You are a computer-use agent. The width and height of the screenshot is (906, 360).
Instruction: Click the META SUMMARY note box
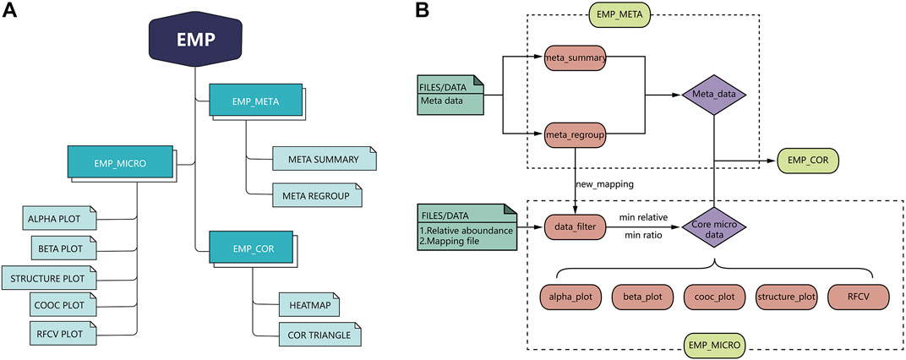(x=323, y=160)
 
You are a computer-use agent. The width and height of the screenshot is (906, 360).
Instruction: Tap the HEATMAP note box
(x=308, y=303)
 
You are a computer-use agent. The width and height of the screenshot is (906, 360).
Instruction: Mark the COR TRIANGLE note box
(x=318, y=334)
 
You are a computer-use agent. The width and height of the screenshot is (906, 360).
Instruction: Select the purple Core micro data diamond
(x=714, y=226)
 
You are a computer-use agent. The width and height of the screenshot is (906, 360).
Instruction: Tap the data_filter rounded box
(x=575, y=226)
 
